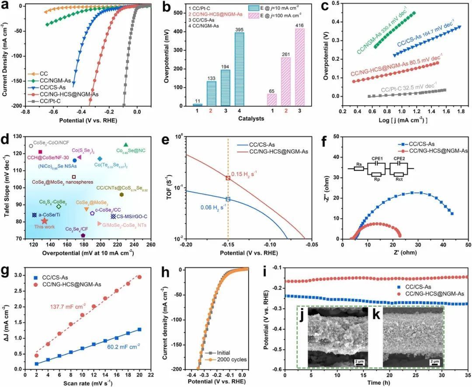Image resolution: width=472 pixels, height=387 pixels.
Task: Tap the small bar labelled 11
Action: (198, 105)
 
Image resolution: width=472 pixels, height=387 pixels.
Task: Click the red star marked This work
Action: (45, 221)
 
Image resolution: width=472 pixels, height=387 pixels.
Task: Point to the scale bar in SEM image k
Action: (434, 361)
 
